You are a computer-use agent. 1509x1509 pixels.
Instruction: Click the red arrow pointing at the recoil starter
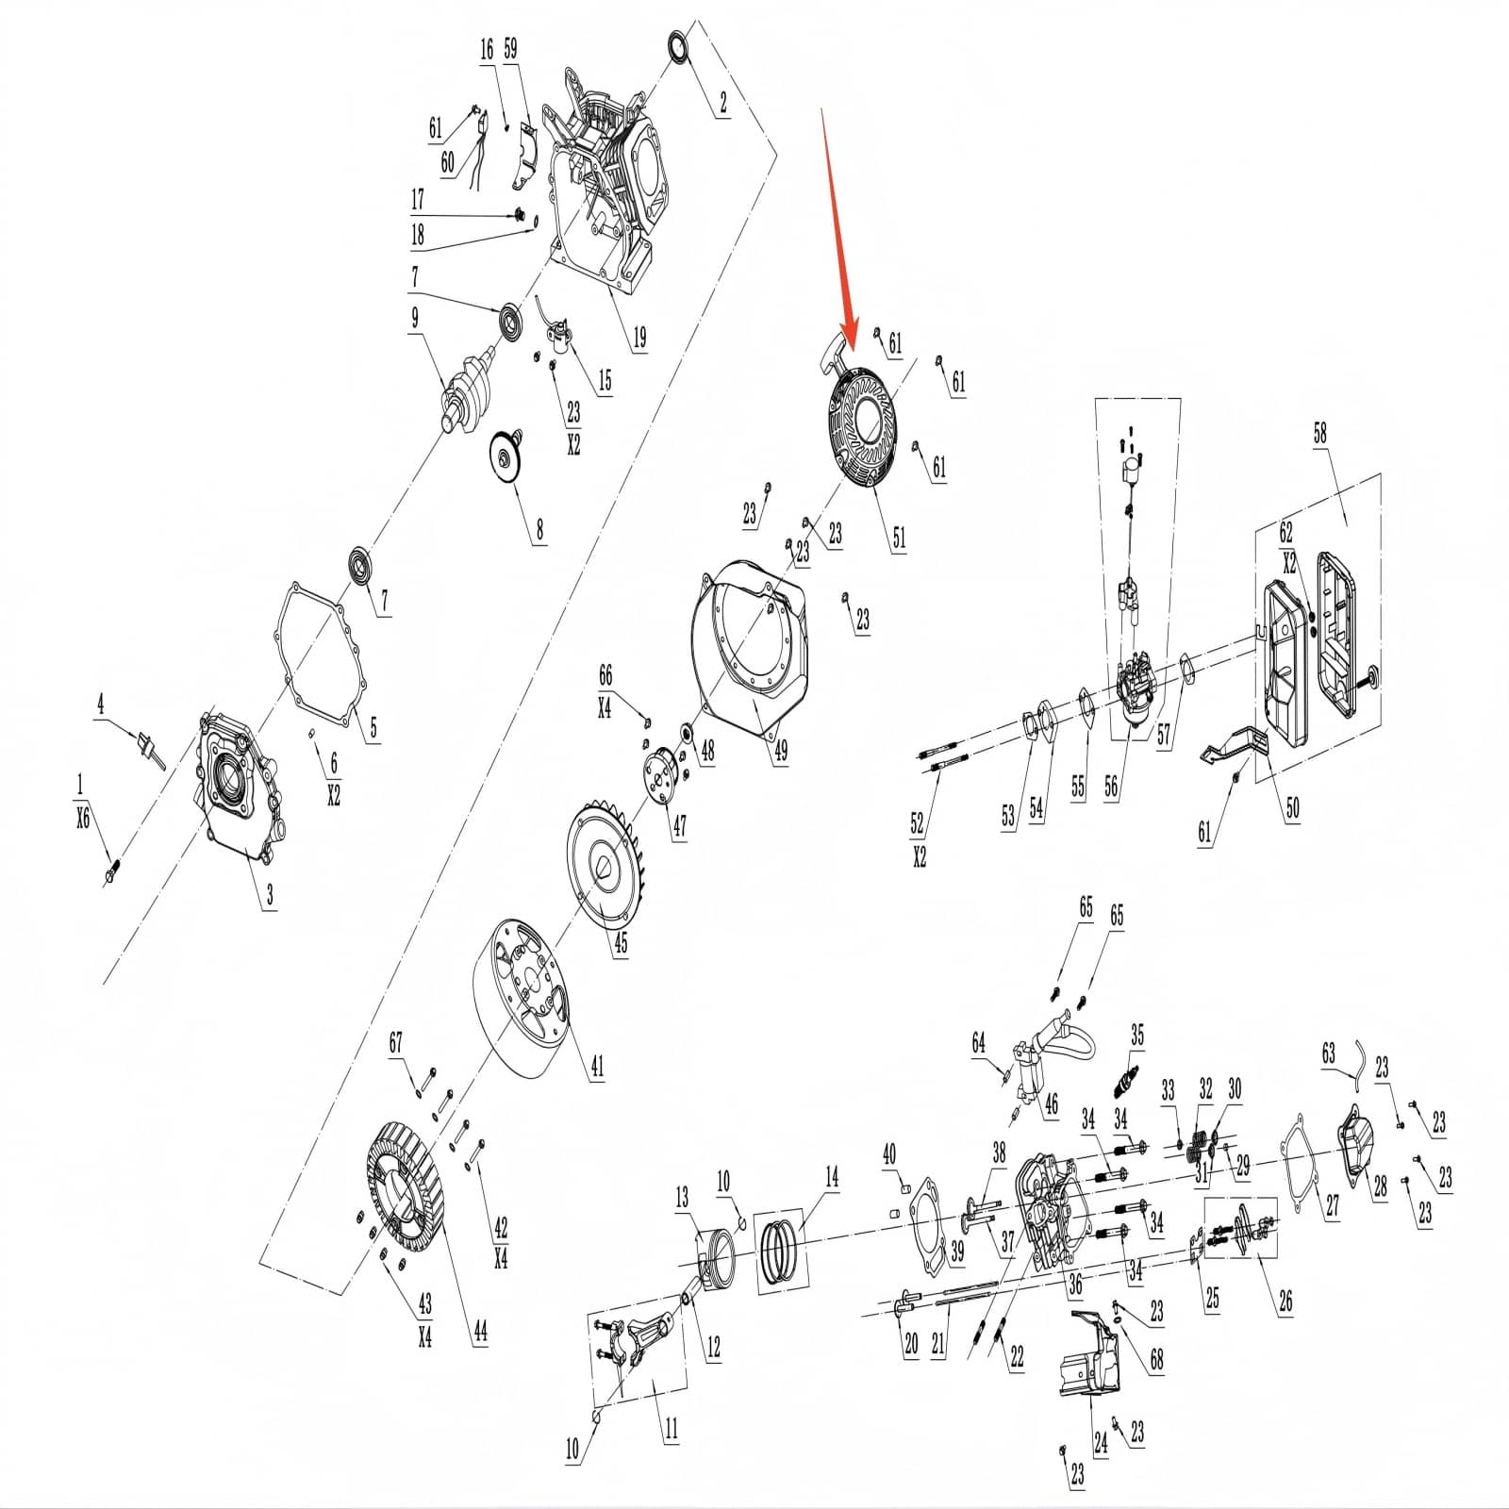[838, 226]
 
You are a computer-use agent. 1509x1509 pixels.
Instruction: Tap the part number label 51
[899, 537]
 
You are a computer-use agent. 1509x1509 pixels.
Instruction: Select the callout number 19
[639, 337]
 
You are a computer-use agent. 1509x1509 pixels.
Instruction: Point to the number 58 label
[1319, 433]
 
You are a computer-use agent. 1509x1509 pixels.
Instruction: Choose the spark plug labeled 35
[1124, 1082]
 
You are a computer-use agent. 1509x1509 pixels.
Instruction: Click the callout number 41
[597, 1067]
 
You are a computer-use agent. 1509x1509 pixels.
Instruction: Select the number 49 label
[780, 750]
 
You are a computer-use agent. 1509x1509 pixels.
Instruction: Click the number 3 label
[270, 894]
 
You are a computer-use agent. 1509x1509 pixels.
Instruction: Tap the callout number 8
[539, 529]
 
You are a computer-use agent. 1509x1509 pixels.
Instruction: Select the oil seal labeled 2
[677, 48]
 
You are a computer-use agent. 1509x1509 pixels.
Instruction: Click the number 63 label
[1329, 1053]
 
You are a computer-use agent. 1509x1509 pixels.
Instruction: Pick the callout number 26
[1285, 1302]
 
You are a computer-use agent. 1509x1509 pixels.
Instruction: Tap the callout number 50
[1292, 808]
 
